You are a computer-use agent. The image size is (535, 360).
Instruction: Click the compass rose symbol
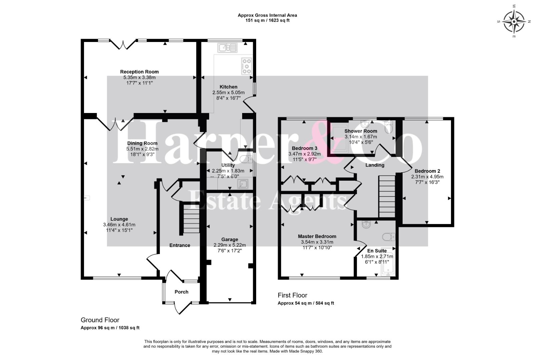pyautogui.click(x=514, y=22)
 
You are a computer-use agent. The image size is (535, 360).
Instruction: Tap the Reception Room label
pyautogui.click(x=139, y=72)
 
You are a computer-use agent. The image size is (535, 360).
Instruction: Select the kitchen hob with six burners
pyautogui.click(x=246, y=66)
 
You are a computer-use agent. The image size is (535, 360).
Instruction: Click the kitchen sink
pyautogui.click(x=227, y=48)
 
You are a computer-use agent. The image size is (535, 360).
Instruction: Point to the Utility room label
pyautogui.click(x=228, y=165)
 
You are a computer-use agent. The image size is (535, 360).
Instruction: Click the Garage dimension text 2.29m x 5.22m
pyautogui.click(x=229, y=245)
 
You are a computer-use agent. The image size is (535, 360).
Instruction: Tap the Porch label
pyautogui.click(x=181, y=292)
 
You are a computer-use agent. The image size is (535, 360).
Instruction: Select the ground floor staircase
pyautogui.click(x=191, y=218)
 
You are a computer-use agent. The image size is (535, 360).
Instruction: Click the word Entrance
pyautogui.click(x=179, y=245)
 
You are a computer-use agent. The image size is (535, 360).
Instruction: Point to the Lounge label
pyautogui.click(x=119, y=219)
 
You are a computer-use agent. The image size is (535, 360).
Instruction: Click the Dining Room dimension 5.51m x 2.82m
pyautogui.click(x=142, y=149)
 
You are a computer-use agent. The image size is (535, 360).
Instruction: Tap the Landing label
pyautogui.click(x=375, y=165)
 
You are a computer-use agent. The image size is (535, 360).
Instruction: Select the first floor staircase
pyautogui.click(x=387, y=196)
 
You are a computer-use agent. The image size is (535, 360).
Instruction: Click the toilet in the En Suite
pyautogui.click(x=389, y=237)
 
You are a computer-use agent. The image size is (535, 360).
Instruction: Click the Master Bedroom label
pyautogui.click(x=317, y=236)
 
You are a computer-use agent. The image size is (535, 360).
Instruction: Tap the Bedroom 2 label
pyautogui.click(x=427, y=171)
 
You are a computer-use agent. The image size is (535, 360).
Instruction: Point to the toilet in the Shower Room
pyautogui.click(x=389, y=127)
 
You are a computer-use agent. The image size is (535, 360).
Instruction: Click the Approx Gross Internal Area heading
pyautogui.click(x=267, y=15)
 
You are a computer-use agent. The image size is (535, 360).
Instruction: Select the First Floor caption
pyautogui.click(x=292, y=295)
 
